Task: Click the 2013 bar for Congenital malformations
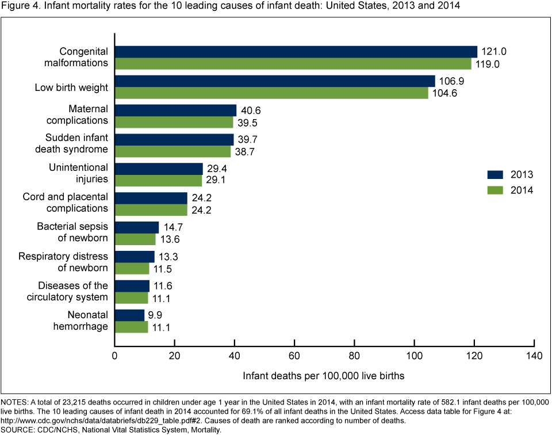pos(296,51)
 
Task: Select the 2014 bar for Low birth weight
pos(271,93)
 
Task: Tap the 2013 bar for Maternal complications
pos(176,110)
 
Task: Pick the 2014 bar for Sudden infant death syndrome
pos(173,151)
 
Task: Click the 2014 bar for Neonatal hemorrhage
pos(132,327)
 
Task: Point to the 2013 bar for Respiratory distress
pos(135,256)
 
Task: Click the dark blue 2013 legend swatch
pos(496,174)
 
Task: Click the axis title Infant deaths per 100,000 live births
pos(324,376)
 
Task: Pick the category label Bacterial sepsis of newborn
pos(72,231)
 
